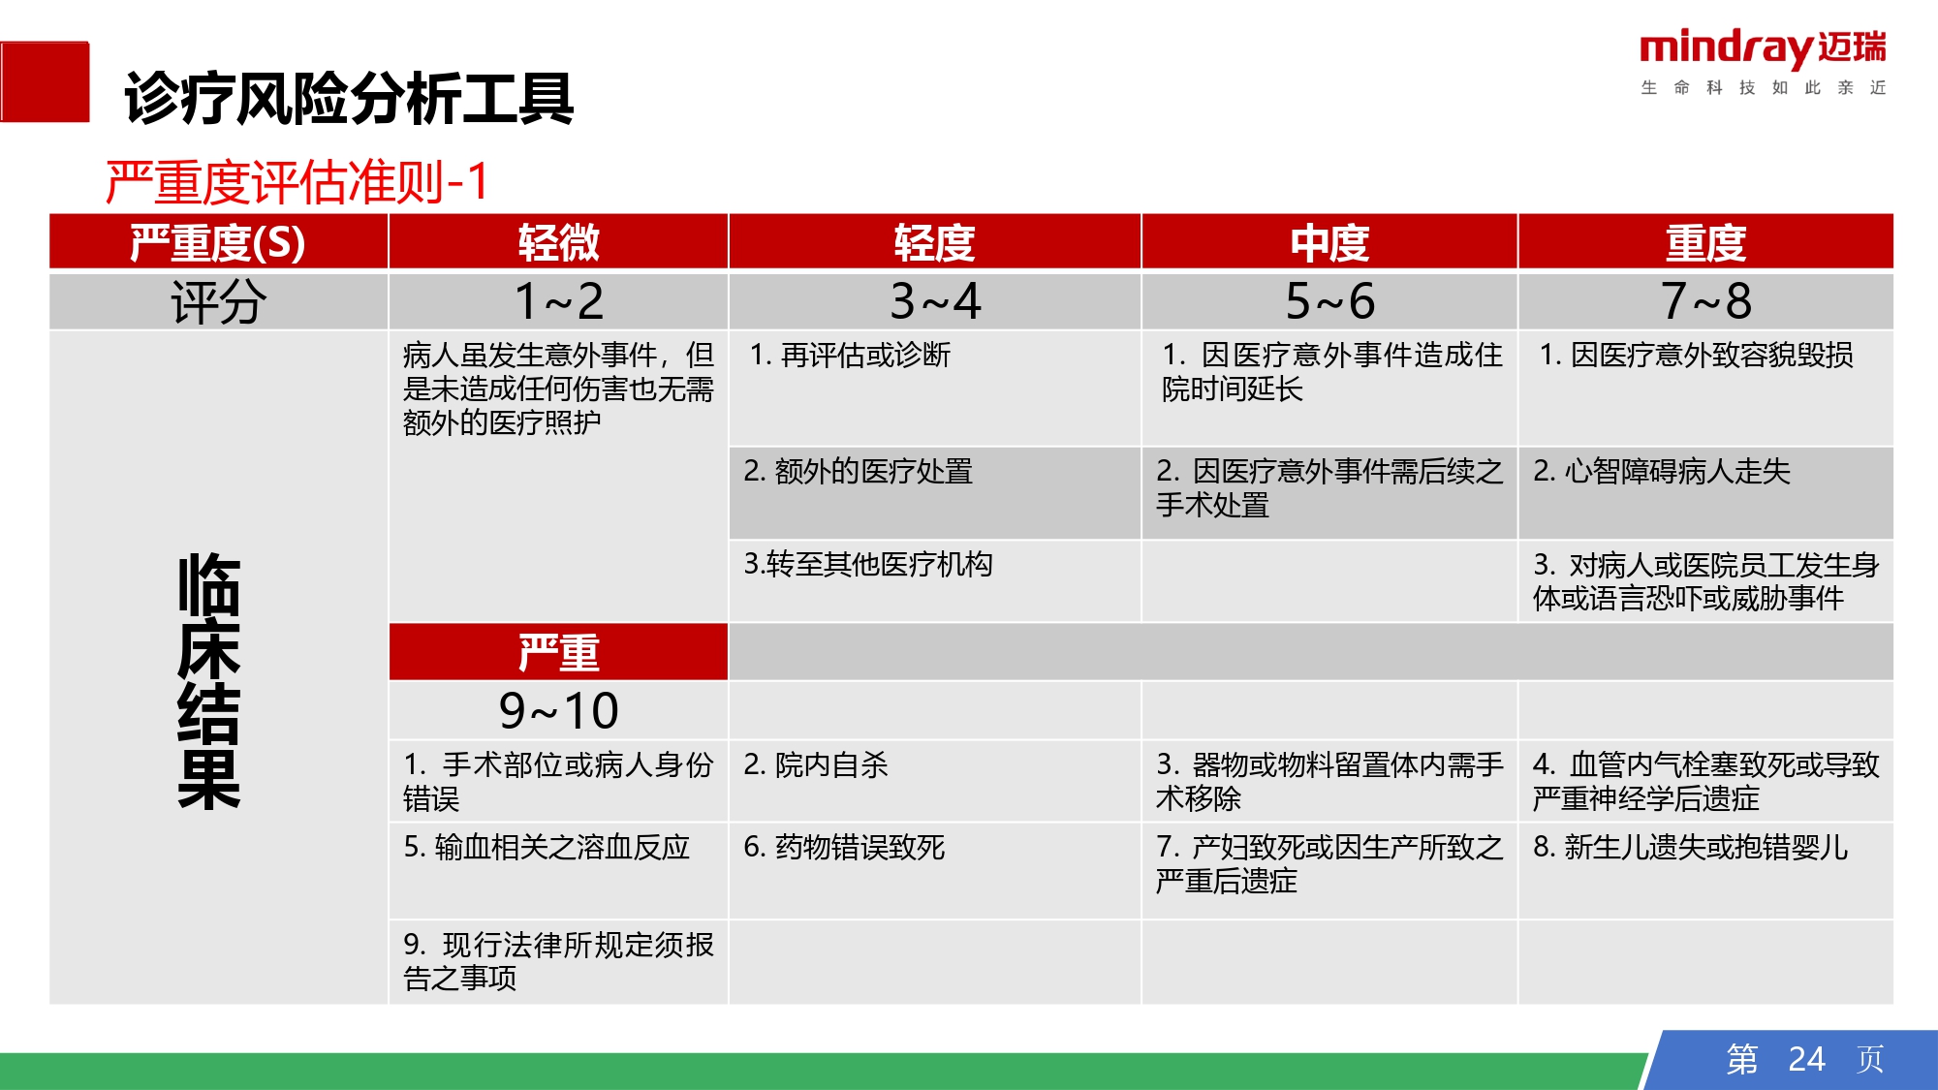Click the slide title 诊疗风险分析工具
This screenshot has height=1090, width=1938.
pos(349,99)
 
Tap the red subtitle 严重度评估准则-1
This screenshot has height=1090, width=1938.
pos(297,181)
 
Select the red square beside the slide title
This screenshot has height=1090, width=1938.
pos(45,81)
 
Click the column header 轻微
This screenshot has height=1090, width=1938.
pos(558,241)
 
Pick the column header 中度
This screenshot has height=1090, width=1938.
pos(1329,241)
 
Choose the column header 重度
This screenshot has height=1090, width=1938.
pos(1705,241)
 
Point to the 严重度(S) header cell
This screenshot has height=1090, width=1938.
pos(218,241)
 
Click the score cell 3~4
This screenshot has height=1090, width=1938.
pos(935,301)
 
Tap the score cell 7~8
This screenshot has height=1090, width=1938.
pos(1705,301)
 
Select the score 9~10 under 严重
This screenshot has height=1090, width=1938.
pos(558,710)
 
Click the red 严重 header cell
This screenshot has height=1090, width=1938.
pos(558,652)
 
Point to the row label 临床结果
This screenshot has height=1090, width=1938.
pos(208,681)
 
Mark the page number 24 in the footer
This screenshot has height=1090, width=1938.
pos(1806,1059)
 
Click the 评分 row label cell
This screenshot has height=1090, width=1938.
pos(218,301)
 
